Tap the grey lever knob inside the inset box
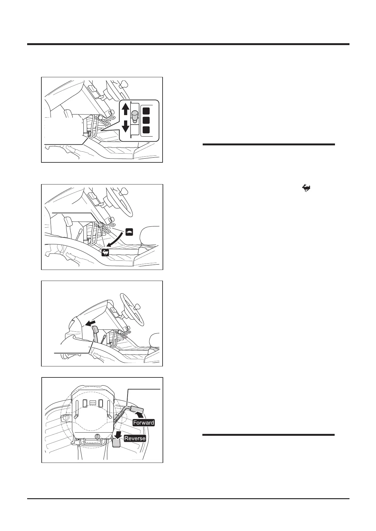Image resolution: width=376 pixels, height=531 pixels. pyautogui.click(x=135, y=115)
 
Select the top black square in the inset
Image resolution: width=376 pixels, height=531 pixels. pyautogui.click(x=146, y=111)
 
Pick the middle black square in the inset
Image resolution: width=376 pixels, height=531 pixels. pyautogui.click(x=146, y=120)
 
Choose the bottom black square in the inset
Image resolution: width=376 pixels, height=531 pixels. pyautogui.click(x=146, y=130)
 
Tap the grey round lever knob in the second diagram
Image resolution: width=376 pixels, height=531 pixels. pyautogui.click(x=100, y=225)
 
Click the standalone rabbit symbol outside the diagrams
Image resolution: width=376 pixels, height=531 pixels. pyautogui.click(x=307, y=189)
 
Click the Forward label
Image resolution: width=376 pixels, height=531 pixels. pyautogui.click(x=144, y=423)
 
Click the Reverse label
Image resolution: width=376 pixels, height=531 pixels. pyautogui.click(x=135, y=438)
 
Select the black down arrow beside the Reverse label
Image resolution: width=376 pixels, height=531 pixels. pyautogui.click(x=119, y=435)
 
